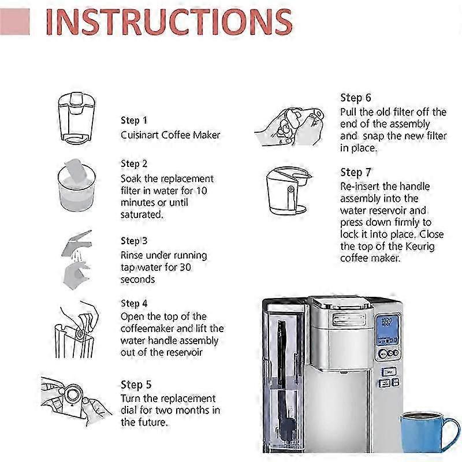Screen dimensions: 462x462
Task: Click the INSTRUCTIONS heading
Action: pos(169,22)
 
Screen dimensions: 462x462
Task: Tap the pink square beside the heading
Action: pos(15,22)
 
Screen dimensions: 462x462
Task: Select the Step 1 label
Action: pos(134,120)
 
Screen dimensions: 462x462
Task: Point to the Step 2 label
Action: pos(134,163)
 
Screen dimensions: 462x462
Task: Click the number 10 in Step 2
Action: pos(202,191)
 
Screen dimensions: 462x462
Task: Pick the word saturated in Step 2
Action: pos(141,214)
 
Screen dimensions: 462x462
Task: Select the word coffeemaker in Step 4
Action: pos(147,329)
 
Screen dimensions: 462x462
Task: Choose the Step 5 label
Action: pos(136,385)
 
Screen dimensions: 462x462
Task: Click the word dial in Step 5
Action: pos(128,410)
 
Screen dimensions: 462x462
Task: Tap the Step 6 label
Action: pos(356,98)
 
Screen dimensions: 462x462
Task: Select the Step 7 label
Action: pos(356,172)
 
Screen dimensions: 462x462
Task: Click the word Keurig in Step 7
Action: pos(420,247)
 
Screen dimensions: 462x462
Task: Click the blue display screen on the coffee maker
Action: pos(387,330)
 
